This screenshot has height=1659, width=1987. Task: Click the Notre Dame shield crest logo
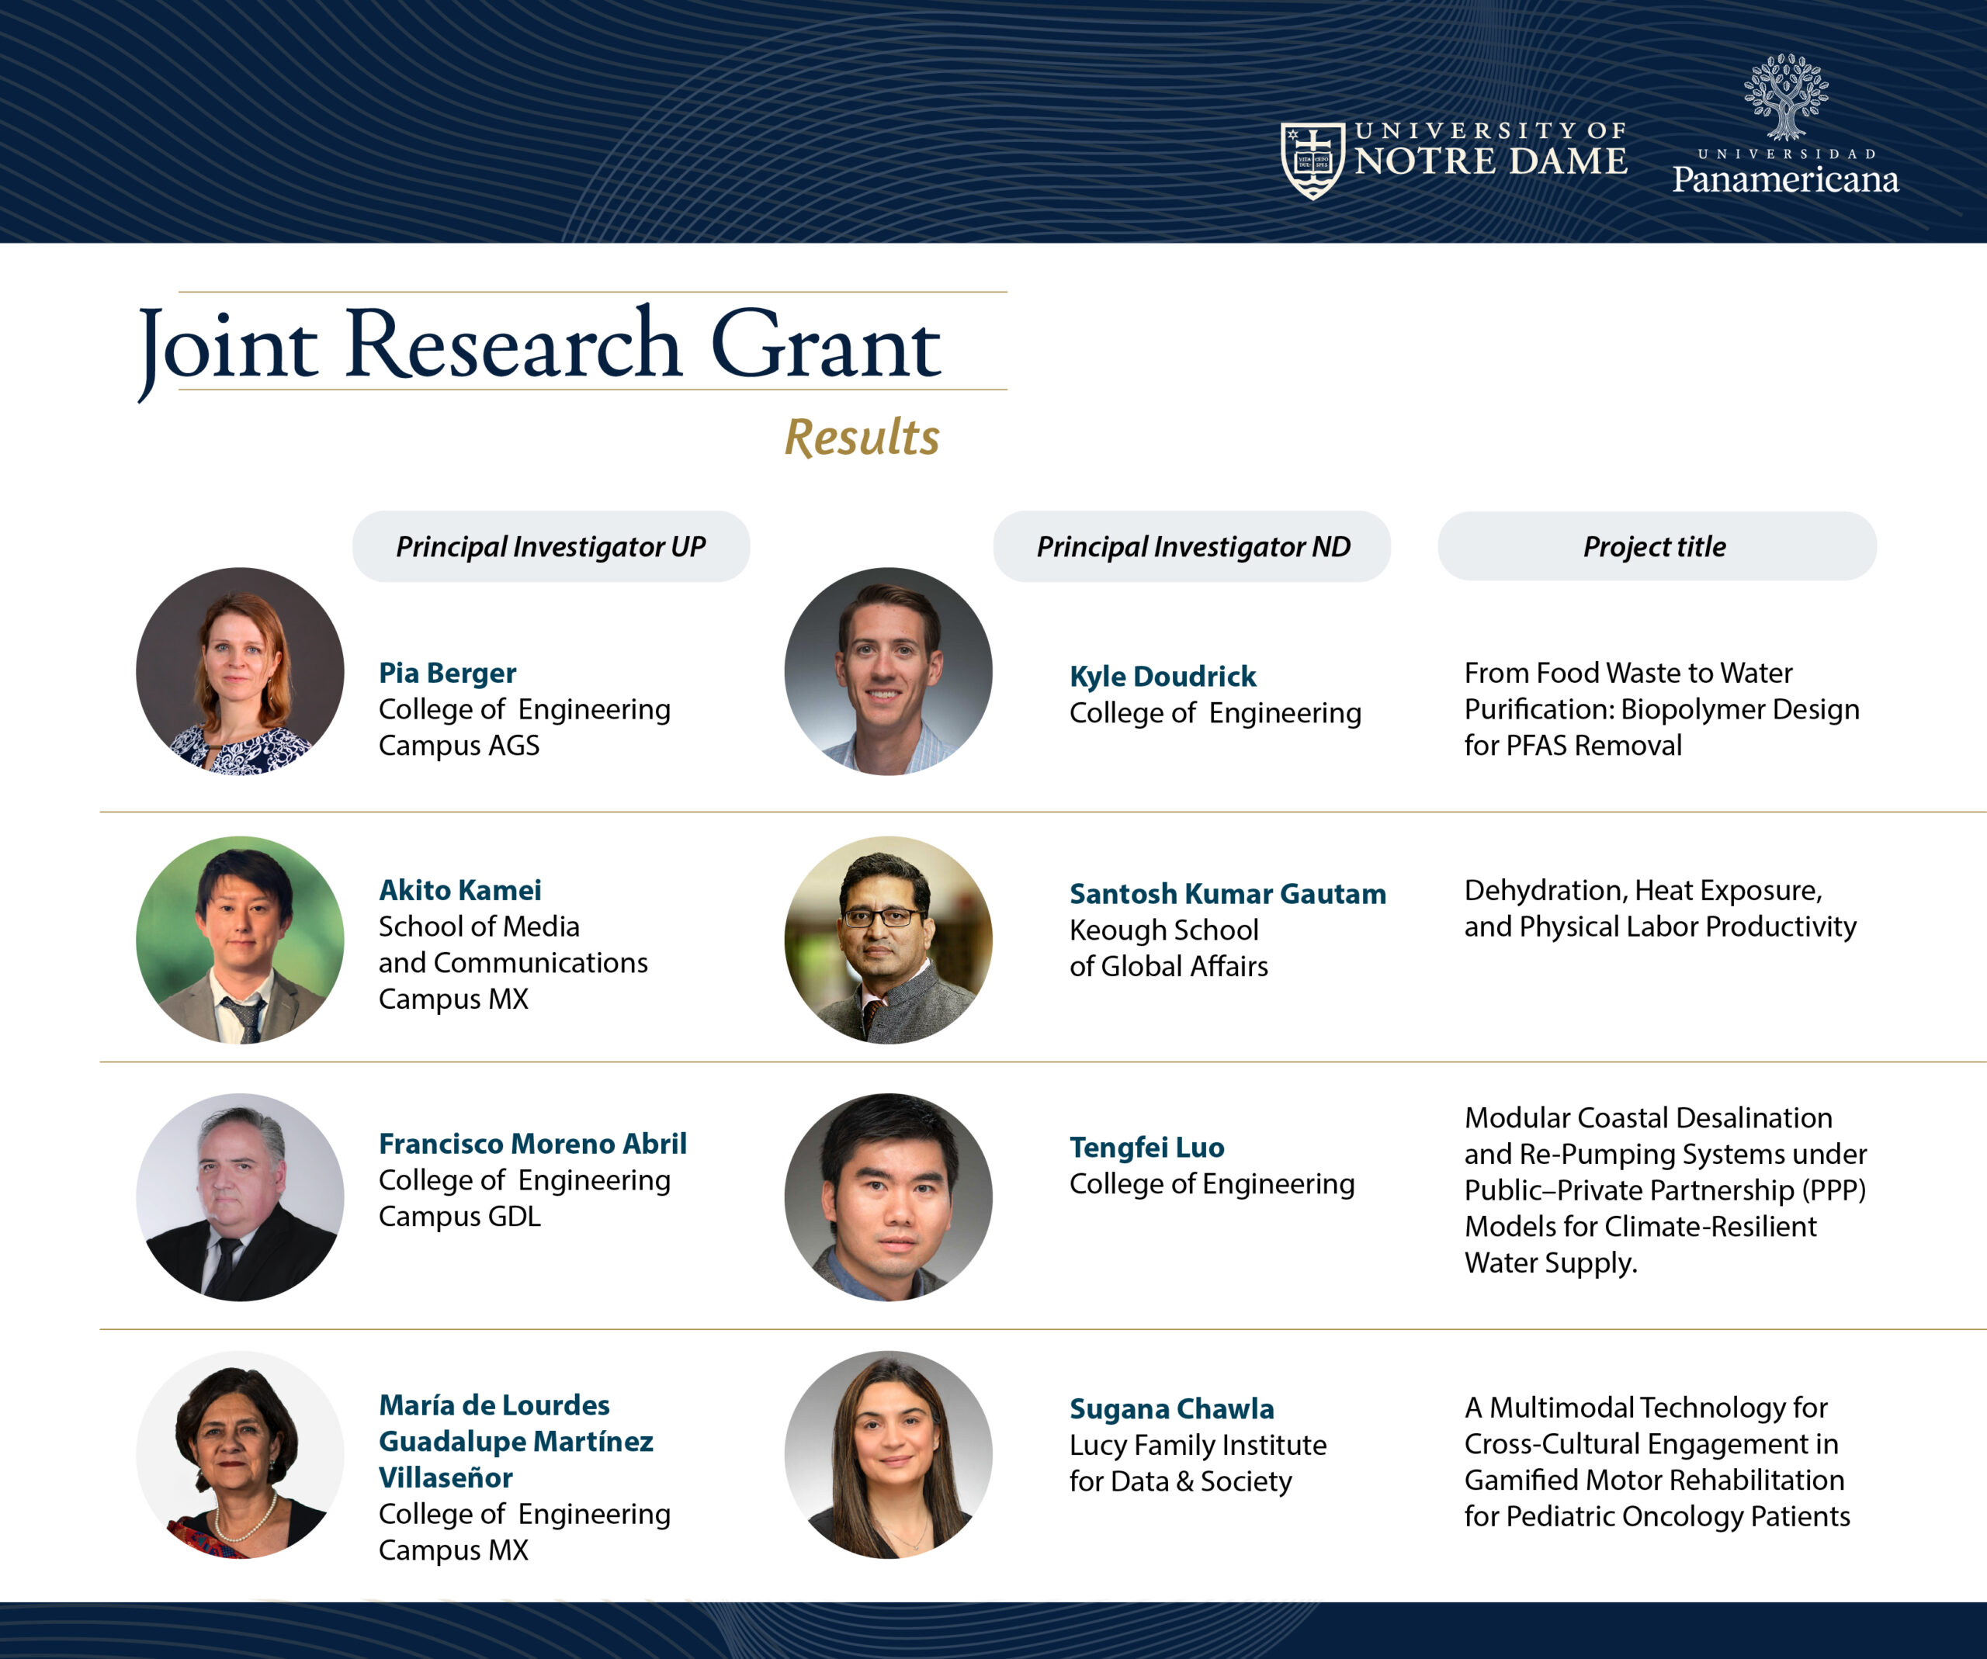1313,160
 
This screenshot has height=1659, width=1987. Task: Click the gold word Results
862,437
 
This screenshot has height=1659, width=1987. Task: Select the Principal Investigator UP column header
550,547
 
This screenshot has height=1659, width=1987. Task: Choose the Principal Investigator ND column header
1192,547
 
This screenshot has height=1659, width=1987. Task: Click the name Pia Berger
448,673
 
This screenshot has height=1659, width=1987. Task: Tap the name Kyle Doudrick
1163,677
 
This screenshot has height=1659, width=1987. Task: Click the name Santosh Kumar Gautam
1227,894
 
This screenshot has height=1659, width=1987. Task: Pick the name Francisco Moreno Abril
532,1144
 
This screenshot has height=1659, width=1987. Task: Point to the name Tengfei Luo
1146,1148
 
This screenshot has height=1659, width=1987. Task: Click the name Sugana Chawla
1171,1408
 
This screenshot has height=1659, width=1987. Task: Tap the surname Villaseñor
446,1477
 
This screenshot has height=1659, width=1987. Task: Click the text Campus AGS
459,746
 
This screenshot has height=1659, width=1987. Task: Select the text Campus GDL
459,1217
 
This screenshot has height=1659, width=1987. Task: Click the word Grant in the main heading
825,345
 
